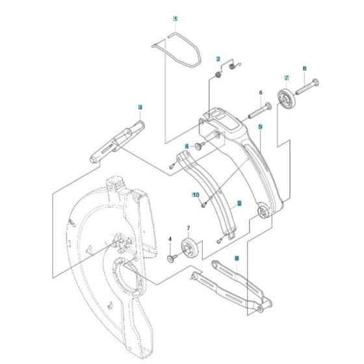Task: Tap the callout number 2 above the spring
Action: coord(219,59)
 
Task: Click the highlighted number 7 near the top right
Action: coord(285,79)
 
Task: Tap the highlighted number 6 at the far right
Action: coord(304,68)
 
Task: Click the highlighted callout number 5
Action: coord(259,128)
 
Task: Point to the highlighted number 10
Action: coord(194,194)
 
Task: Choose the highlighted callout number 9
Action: coord(239,203)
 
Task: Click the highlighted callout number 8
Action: coord(237,258)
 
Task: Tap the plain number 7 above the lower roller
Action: coord(188,227)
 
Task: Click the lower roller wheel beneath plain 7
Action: coord(191,248)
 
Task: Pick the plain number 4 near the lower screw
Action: coord(170,240)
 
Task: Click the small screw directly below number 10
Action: coord(202,207)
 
